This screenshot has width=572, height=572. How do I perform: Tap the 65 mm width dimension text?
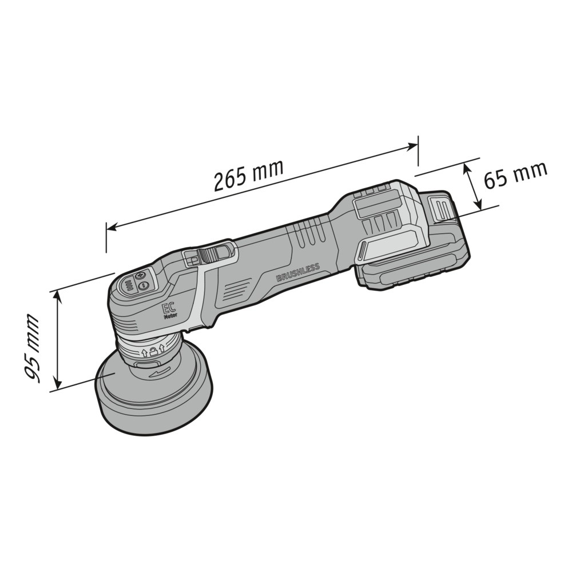515,174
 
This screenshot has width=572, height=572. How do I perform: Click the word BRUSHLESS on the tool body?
298,272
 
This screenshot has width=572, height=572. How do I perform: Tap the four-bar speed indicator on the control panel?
128,284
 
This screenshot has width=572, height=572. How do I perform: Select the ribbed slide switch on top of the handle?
207,255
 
